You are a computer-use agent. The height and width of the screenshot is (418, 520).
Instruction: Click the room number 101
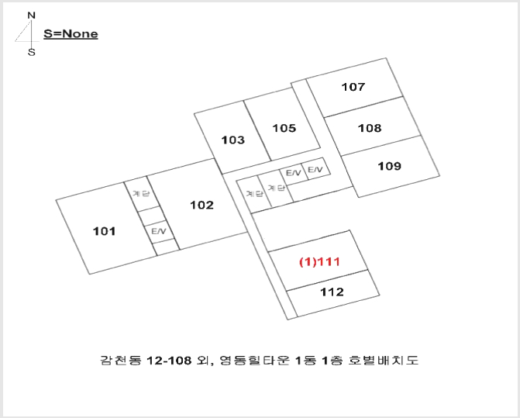[x=105, y=231]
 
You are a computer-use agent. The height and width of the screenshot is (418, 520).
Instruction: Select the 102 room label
[x=201, y=205]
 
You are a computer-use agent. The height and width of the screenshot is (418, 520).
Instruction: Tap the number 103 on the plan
[x=232, y=140]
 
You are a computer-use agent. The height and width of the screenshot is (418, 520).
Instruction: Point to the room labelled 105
[x=284, y=128]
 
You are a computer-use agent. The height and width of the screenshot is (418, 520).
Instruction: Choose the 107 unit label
[x=353, y=87]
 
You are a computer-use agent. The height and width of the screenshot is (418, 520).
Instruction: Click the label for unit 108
[x=370, y=128]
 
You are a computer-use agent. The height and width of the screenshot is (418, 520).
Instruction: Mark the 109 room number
[x=389, y=166]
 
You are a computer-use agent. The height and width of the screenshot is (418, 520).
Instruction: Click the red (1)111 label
[x=320, y=262]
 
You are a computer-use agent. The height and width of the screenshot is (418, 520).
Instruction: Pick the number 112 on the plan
[x=332, y=292]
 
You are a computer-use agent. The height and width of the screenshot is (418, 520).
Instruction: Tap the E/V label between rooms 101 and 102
[x=159, y=231]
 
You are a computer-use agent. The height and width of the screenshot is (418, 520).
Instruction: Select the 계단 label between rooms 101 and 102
[x=141, y=193]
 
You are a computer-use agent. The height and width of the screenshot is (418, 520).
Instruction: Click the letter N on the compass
[x=31, y=16]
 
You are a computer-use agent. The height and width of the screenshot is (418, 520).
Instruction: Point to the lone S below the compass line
[x=32, y=52]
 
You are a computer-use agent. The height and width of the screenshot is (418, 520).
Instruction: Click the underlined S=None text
[x=71, y=34]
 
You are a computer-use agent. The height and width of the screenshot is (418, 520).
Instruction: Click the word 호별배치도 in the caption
[x=384, y=360]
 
